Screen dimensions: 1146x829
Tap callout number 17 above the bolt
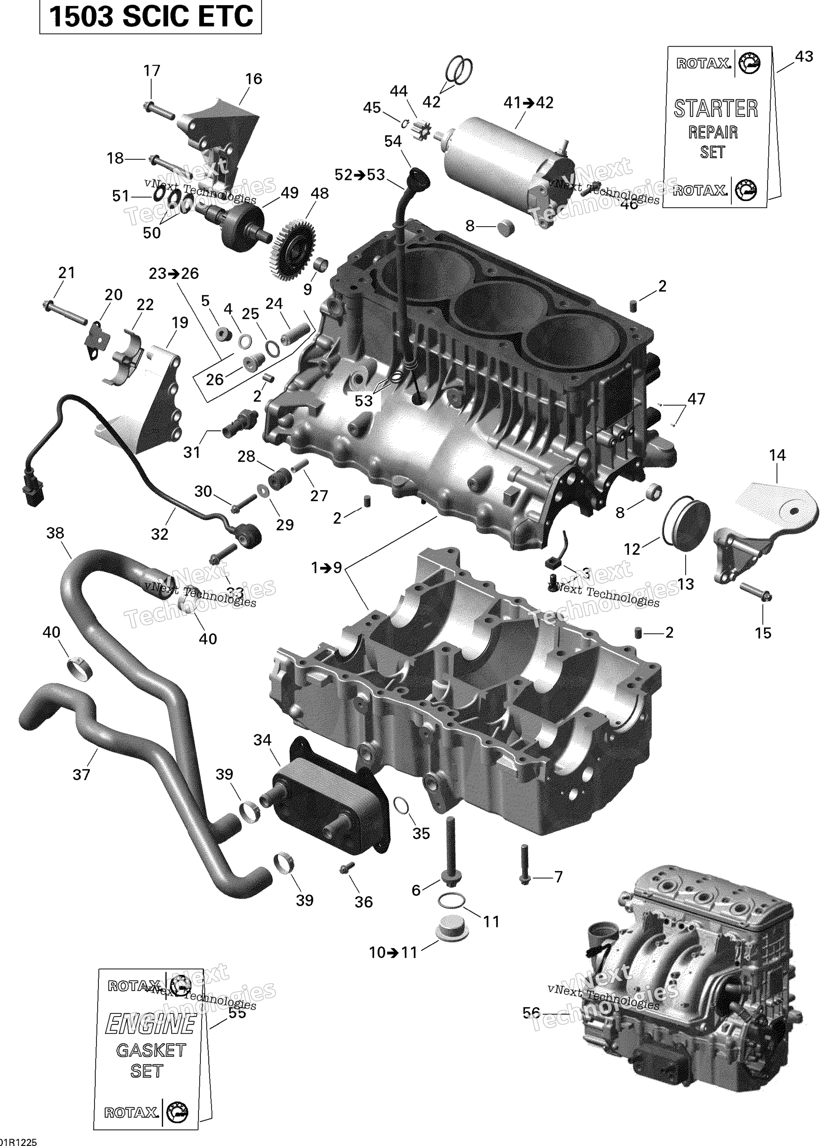point(152,71)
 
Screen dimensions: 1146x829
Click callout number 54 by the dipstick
point(393,142)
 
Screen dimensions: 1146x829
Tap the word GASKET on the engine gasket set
point(151,1051)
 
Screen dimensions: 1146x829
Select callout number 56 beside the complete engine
point(531,1012)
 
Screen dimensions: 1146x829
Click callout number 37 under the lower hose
point(81,774)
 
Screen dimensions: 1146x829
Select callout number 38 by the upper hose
point(55,533)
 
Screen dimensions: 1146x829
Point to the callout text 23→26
point(174,273)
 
